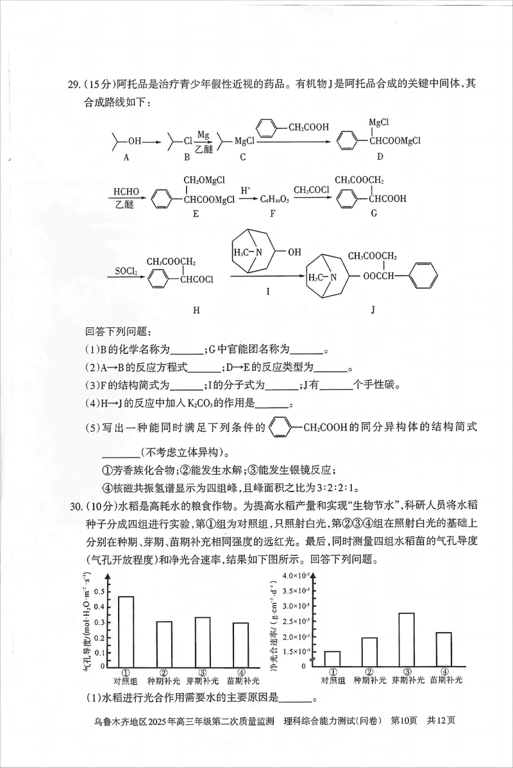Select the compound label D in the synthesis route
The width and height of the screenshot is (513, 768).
click(380, 157)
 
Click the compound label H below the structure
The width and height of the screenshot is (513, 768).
click(196, 311)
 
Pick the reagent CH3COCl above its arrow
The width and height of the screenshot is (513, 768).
click(312, 191)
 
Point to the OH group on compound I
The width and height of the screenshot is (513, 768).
click(293, 252)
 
